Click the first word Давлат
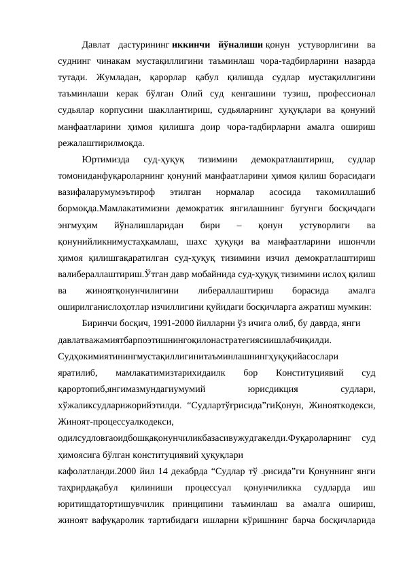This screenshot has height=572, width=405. (96, 46)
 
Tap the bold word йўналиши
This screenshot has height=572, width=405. (236, 46)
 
